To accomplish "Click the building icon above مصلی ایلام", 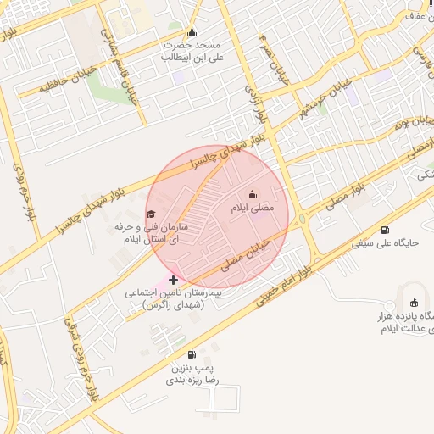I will [x=252, y=194].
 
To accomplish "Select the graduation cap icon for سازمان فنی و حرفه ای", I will [x=152, y=214].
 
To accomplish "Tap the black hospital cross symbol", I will [x=173, y=279].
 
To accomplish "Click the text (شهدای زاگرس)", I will [x=174, y=304].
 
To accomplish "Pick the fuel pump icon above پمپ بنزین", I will [x=192, y=354].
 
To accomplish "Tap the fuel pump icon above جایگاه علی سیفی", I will [x=386, y=230].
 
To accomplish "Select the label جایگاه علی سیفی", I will [x=391, y=243].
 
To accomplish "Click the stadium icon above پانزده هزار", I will [x=414, y=303].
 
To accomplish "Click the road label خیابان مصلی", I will [x=248, y=255].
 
